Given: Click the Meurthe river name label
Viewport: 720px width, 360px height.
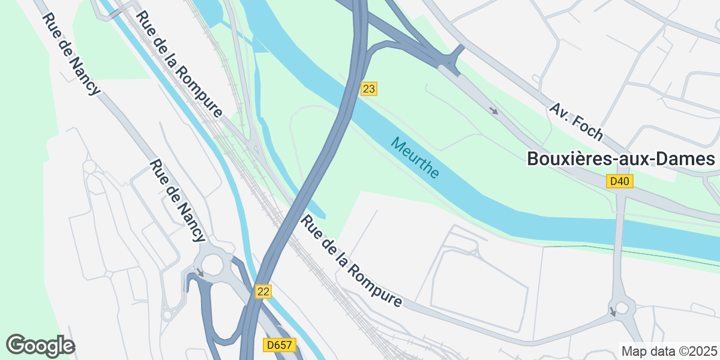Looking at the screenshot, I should [415, 158].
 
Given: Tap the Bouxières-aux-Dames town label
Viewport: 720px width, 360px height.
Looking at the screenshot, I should [621, 159].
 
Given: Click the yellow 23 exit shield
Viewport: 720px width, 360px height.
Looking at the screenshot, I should [369, 89].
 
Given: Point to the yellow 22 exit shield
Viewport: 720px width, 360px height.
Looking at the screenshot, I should [263, 292].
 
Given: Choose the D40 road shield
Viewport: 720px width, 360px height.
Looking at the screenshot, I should [620, 181].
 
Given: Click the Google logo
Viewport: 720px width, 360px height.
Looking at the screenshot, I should [40, 346].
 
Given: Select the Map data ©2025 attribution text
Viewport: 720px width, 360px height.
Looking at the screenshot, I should [668, 351].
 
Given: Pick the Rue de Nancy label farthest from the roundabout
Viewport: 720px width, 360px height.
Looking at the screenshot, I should [71, 55].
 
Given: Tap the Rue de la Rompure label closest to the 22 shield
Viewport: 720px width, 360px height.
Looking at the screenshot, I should [351, 262].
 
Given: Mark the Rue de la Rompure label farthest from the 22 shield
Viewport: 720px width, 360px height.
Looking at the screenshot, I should [179, 64].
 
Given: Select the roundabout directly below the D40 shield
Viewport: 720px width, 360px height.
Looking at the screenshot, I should [621, 309].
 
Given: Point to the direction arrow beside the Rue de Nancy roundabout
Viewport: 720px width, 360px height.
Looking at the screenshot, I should [200, 273].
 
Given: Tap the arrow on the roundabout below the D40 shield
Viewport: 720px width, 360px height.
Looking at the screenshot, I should [613, 311].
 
